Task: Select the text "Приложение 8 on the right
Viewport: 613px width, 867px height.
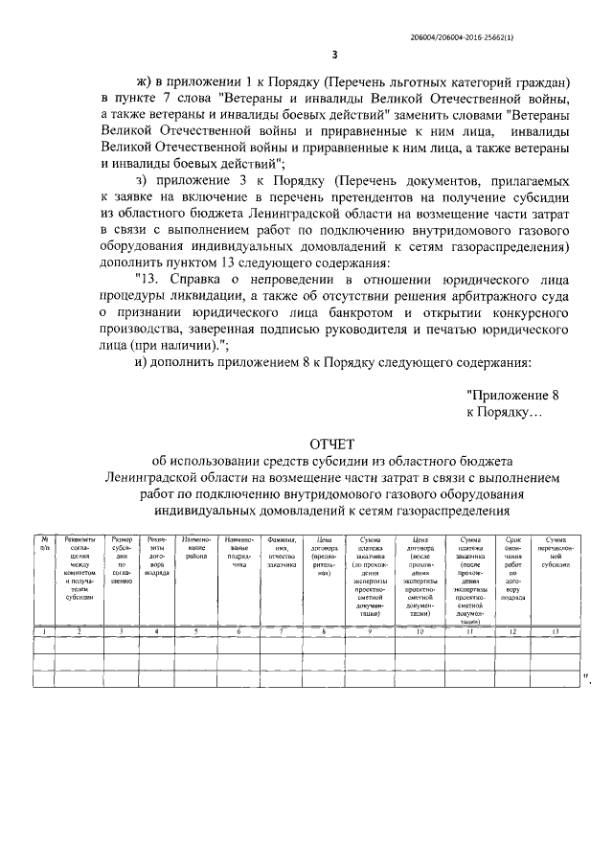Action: click(506, 394)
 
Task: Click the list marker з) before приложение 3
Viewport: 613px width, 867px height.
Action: click(145, 180)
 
